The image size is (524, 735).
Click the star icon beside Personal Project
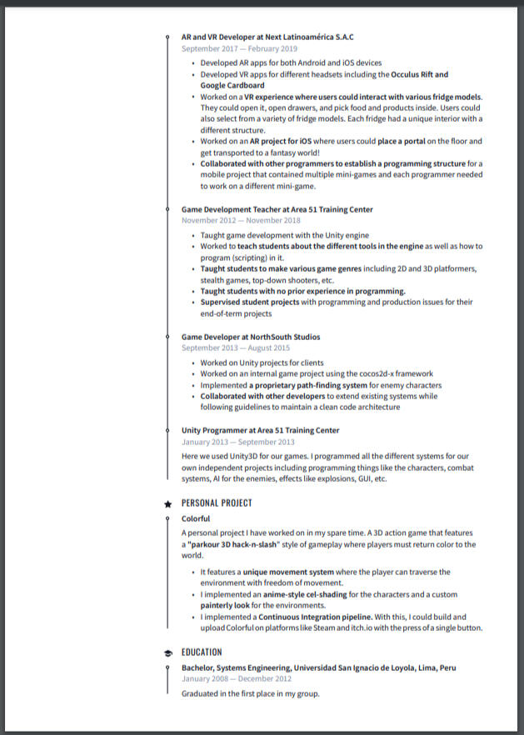[x=168, y=503]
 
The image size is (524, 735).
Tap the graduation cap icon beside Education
[x=168, y=652]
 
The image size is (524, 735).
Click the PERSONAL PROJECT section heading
[x=217, y=503]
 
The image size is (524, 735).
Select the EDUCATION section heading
[x=202, y=652]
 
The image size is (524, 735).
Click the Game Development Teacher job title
[x=277, y=209]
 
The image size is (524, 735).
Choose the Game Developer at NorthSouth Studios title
[x=251, y=337]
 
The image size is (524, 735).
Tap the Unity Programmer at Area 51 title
[x=260, y=431]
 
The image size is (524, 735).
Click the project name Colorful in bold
[x=196, y=518]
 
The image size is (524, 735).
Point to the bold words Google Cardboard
[x=232, y=86]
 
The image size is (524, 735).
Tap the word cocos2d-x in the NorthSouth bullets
[x=379, y=374]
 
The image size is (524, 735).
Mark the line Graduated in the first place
[x=250, y=693]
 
